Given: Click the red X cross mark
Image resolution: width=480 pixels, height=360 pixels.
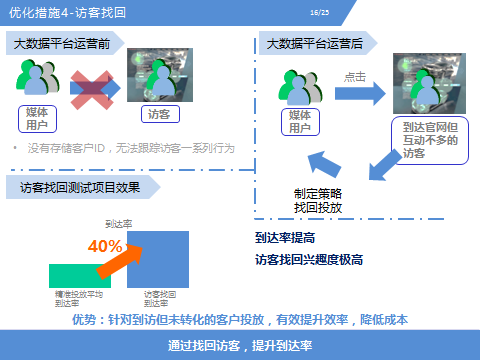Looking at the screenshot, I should coord(91,86).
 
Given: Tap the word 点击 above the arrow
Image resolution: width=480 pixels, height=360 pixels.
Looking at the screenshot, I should coord(355,76).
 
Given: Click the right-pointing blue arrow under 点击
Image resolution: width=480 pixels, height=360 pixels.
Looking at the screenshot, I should coord(360,94).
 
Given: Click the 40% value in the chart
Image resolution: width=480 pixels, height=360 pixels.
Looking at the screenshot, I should coord(105,246).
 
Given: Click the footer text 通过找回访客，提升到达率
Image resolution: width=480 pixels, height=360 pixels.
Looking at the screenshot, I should coord(240,345).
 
